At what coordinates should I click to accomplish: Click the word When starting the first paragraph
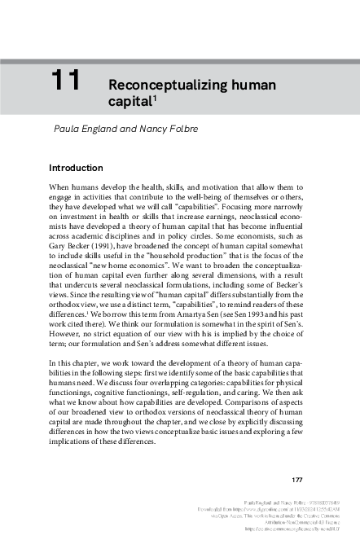point(63,187)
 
